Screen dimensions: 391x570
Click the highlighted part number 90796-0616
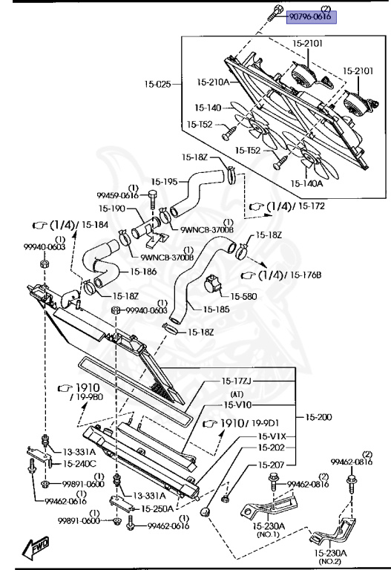click(312, 17)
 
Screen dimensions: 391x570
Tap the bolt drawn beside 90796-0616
click(275, 13)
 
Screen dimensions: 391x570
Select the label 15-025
click(157, 85)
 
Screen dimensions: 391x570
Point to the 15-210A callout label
click(213, 82)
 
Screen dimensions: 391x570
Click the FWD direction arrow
click(36, 547)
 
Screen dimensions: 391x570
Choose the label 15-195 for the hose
click(164, 181)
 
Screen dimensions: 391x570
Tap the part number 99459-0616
click(118, 196)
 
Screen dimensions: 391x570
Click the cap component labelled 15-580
click(213, 284)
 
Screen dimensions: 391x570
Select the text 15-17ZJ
click(237, 381)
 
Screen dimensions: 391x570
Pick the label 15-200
click(319, 417)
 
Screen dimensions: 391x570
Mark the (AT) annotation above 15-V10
click(237, 394)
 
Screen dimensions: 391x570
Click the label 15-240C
click(80, 464)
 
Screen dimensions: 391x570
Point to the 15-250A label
click(157, 508)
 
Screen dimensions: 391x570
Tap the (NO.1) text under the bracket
click(268, 534)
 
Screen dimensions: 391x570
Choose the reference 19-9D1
click(266, 423)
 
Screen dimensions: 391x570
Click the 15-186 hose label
click(143, 272)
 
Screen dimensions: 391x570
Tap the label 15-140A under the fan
click(306, 183)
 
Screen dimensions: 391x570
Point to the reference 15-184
click(95, 225)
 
